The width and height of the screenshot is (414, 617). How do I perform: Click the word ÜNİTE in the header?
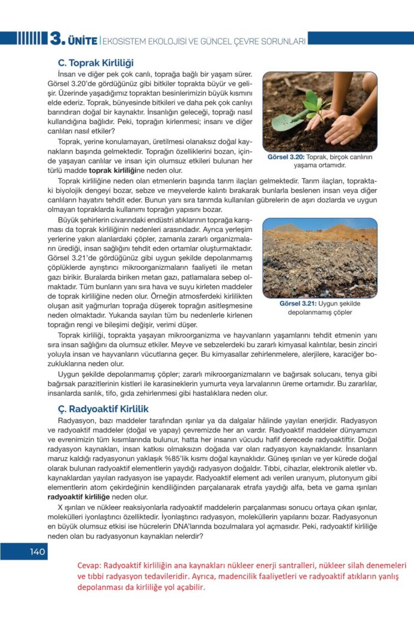tap(82, 41)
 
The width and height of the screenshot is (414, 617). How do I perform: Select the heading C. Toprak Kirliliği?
tap(95, 63)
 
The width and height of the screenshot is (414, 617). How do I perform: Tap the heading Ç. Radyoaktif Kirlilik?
tap(103, 409)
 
